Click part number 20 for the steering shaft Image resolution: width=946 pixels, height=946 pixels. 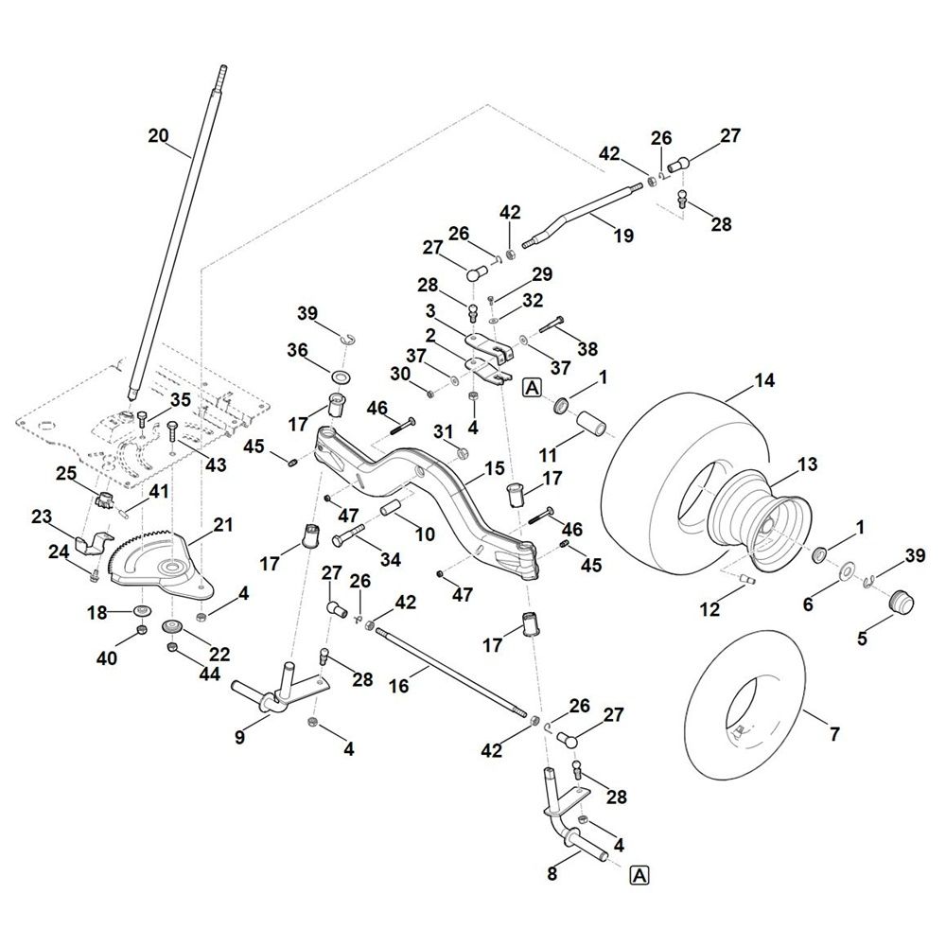158,136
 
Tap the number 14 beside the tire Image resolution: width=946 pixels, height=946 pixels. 763,381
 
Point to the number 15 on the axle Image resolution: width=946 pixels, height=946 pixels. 494,469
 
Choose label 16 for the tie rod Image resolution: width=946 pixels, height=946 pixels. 399,686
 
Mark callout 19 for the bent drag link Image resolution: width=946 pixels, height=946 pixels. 623,236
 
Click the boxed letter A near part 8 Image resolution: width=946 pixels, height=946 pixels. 639,875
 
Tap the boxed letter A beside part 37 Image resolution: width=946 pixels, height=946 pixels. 531,385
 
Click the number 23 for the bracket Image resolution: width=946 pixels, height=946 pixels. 42,517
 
